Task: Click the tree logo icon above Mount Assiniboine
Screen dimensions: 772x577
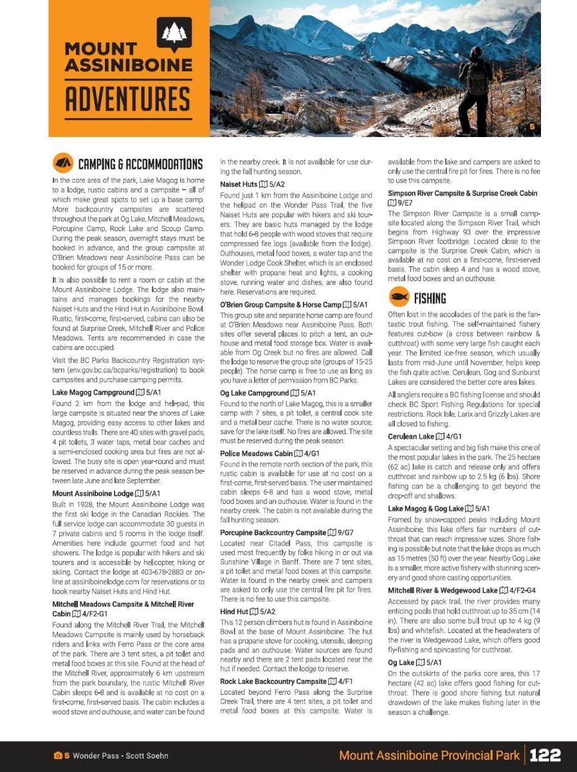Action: click(174, 33)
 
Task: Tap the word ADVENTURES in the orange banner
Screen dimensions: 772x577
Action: click(127, 99)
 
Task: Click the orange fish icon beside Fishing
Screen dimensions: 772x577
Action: click(398, 297)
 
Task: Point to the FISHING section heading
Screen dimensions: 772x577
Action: click(430, 298)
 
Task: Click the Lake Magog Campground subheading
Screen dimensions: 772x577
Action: click(105, 392)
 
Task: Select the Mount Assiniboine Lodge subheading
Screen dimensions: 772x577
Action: click(105, 493)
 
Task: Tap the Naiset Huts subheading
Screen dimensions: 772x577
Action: click(252, 184)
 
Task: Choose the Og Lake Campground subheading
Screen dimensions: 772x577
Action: click(268, 392)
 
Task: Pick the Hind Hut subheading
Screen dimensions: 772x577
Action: click(247, 611)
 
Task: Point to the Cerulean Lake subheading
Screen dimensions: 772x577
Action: click(425, 436)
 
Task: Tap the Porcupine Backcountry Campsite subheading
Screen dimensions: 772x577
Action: click(286, 533)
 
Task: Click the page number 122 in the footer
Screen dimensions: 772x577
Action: click(545, 755)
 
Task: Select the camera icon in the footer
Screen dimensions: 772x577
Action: click(57, 755)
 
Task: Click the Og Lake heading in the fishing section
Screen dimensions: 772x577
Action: click(415, 662)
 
